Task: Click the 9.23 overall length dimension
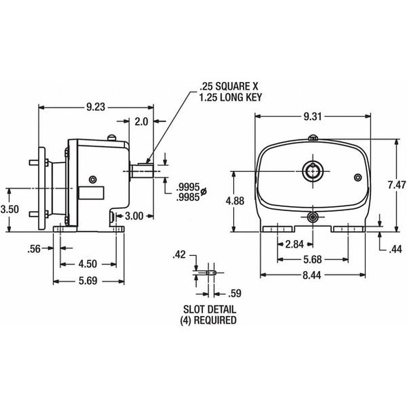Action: click(96, 107)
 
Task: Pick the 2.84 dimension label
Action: click(295, 244)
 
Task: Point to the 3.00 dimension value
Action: click(135, 216)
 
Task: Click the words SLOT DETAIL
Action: click(207, 310)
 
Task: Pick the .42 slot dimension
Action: click(180, 255)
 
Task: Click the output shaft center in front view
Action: click(312, 169)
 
